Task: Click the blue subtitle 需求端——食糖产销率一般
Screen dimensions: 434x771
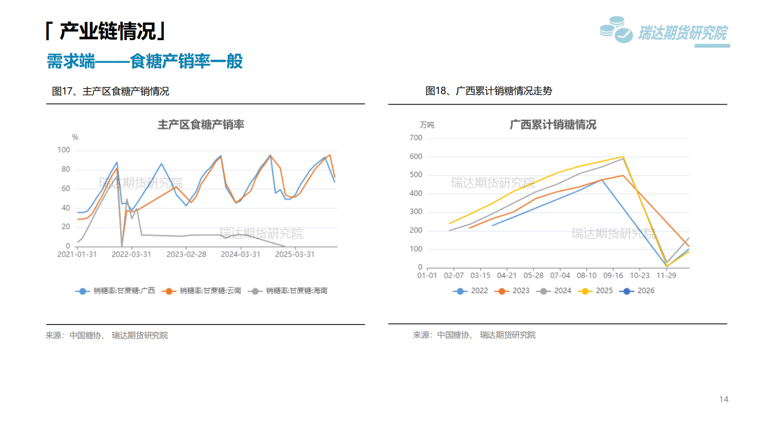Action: coord(145,61)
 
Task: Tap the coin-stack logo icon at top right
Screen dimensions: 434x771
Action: coord(616,30)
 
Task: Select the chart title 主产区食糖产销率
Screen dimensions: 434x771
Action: coord(201,125)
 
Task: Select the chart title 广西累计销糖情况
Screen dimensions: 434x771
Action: coord(553,125)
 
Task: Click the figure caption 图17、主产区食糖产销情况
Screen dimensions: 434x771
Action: coord(110,91)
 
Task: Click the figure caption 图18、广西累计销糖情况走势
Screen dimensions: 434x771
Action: coord(488,91)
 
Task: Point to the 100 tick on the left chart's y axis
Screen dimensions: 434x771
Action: coord(64,150)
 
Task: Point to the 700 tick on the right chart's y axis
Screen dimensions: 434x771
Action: coord(415,138)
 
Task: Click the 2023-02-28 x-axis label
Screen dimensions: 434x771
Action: coord(186,254)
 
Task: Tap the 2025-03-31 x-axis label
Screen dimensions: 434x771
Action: coord(294,254)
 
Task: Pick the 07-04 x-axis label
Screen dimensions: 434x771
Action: coord(560,275)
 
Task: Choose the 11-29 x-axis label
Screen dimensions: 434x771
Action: coord(666,275)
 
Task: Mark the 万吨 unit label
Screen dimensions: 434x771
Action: coord(427,125)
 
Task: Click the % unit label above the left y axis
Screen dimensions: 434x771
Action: coord(75,137)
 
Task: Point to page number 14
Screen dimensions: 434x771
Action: coord(723,399)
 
